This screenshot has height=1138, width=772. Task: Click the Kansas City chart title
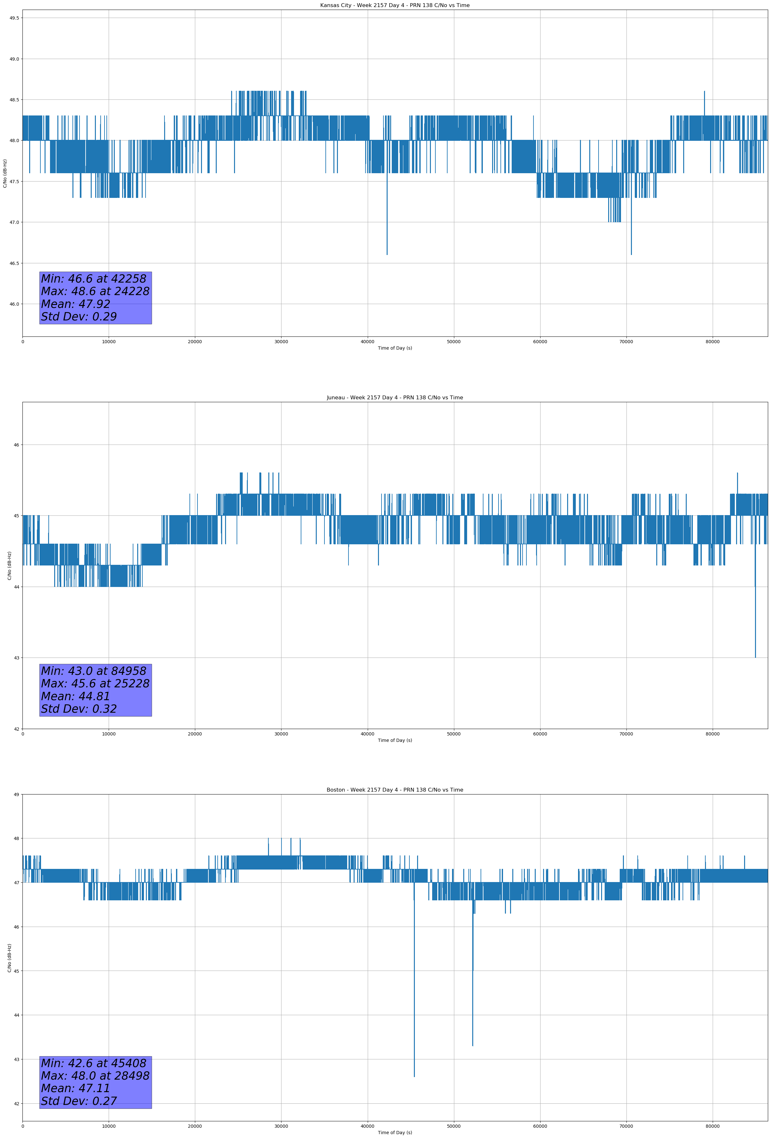[395, 5]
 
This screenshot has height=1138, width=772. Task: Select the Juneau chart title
[395, 398]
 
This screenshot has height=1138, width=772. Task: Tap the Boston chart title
[395, 790]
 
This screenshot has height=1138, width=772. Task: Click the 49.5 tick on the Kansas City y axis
[14, 18]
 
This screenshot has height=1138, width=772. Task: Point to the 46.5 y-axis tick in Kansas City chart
[14, 263]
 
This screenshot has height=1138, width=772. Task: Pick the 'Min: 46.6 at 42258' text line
[94, 279]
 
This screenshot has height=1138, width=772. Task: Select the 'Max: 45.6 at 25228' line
[95, 684]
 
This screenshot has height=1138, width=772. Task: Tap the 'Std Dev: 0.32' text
[79, 709]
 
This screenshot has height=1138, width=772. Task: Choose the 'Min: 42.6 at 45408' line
[94, 1063]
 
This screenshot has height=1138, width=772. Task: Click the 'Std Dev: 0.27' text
[79, 1101]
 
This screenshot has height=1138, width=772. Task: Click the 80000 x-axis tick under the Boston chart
[712, 1126]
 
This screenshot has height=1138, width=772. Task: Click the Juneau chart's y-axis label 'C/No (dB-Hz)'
[9, 565]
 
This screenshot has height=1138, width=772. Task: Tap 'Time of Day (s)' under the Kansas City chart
[395, 348]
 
